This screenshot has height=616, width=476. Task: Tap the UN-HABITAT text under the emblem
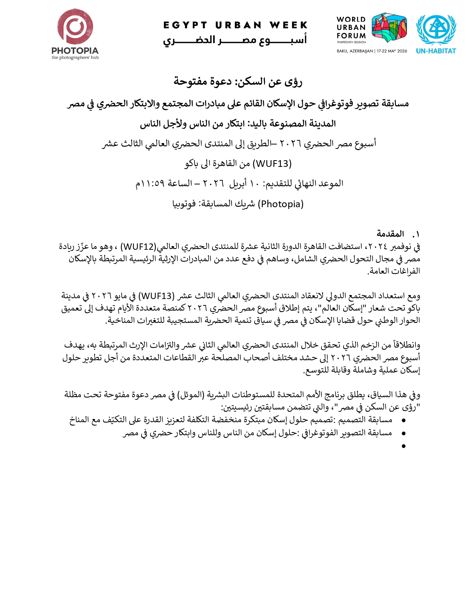point(436,51)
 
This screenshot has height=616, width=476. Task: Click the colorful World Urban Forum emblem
point(389,28)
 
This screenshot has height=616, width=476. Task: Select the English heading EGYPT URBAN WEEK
point(235,25)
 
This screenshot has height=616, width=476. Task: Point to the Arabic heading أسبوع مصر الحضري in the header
point(235,40)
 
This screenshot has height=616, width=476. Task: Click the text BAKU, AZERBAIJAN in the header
point(355,51)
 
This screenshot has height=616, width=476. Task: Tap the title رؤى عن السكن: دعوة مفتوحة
point(238,81)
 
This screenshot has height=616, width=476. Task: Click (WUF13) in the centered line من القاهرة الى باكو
point(272,164)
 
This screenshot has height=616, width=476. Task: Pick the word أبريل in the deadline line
point(238,184)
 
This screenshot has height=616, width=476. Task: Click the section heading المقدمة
point(390,234)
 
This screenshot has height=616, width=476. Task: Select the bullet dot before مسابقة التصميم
point(403,421)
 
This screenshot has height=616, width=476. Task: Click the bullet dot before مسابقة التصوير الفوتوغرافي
point(403,433)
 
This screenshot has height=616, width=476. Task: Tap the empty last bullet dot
point(403,446)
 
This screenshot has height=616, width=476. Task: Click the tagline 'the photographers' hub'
point(75,57)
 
